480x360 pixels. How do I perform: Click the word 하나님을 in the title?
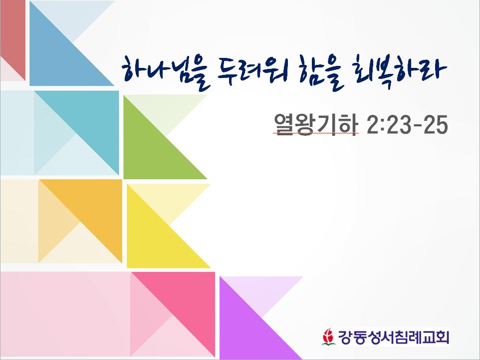(x=166, y=73)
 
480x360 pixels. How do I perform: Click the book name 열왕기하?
(x=316, y=124)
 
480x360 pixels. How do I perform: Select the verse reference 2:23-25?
(x=408, y=124)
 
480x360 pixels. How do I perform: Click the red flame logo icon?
(x=328, y=337)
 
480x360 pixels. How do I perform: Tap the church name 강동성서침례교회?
(x=393, y=337)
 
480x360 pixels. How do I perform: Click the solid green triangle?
(x=152, y=150)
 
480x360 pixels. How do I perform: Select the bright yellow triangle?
(x=155, y=239)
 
